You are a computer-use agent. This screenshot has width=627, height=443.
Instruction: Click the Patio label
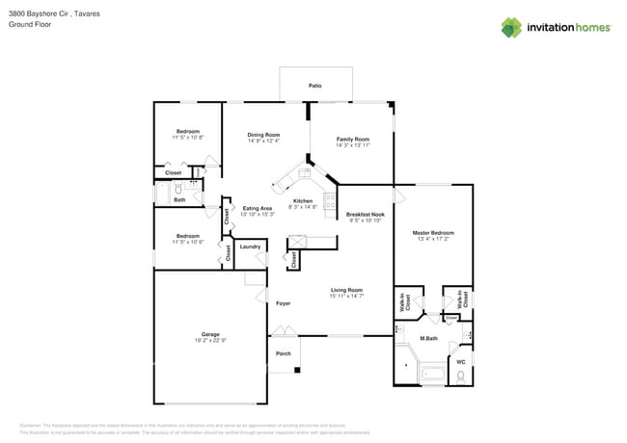click(x=314, y=86)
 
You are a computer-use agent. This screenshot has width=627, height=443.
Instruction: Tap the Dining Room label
click(x=263, y=135)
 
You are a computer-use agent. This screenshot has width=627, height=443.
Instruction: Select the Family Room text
click(x=352, y=139)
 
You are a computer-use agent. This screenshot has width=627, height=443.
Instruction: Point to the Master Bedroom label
click(x=433, y=232)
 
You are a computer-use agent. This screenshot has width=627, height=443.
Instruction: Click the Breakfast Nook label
click(x=366, y=214)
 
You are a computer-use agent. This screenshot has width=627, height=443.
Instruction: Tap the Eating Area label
click(x=258, y=208)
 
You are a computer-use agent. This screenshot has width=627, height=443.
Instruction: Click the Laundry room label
click(x=250, y=247)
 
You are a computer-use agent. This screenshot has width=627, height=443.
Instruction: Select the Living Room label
click(x=346, y=290)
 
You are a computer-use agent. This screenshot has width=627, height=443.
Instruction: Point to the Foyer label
click(x=283, y=303)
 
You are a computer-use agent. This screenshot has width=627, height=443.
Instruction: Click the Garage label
click(x=210, y=334)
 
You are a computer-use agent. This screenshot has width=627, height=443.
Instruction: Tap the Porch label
click(x=284, y=353)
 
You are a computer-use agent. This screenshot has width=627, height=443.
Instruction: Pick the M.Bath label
click(x=428, y=339)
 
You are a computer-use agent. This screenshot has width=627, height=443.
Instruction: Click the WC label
click(x=460, y=362)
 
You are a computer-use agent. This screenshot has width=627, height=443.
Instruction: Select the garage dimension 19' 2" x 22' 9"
click(x=210, y=341)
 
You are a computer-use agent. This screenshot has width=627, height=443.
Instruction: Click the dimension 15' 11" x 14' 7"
click(x=346, y=297)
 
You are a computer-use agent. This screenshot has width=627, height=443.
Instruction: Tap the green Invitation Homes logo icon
click(x=511, y=27)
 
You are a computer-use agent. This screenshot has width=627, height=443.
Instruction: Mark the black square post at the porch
click(x=297, y=371)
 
